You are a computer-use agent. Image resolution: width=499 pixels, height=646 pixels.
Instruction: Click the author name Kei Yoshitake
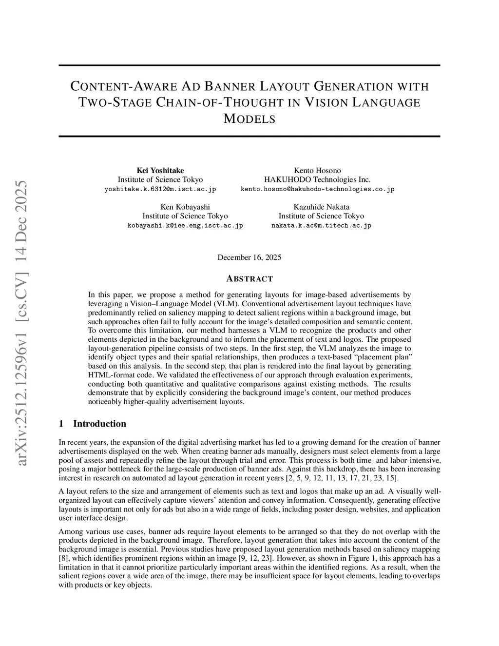tap(160, 170)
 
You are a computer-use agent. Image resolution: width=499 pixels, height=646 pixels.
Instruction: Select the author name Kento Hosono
tap(317, 170)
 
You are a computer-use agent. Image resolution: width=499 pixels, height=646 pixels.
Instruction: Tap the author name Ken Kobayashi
tap(185, 207)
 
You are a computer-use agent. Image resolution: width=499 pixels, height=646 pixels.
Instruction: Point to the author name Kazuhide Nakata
tap(321, 207)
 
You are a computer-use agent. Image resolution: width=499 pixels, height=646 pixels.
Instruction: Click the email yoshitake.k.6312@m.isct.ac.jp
tap(160, 189)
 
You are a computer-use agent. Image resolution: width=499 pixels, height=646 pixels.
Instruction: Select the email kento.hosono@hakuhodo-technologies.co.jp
tap(317, 189)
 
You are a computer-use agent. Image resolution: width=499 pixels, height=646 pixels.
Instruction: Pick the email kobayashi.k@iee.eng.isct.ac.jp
tap(185, 226)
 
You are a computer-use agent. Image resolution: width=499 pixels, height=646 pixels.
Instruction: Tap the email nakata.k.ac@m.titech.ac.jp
tap(321, 226)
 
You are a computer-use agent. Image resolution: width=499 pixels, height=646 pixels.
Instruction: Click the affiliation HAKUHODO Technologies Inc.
tap(317, 179)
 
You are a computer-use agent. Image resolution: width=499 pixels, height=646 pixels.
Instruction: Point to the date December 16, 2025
tap(249, 257)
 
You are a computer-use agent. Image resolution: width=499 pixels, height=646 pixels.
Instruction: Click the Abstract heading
tap(249, 279)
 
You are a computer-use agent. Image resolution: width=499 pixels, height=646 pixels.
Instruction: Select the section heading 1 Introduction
tap(92, 424)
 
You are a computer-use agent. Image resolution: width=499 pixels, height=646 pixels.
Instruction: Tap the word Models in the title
tap(249, 118)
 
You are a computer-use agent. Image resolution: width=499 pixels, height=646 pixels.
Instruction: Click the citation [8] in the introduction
tap(63, 558)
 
